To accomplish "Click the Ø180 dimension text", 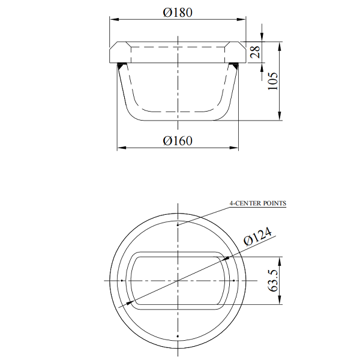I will point(178,13).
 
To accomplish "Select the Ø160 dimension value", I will point(178,141).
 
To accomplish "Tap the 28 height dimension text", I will point(256,52).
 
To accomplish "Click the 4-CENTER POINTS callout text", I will point(257,203).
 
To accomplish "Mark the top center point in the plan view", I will point(178,226).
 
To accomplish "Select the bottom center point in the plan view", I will point(178,335).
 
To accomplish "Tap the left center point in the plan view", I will point(122,281).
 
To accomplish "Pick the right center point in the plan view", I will point(233,281).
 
